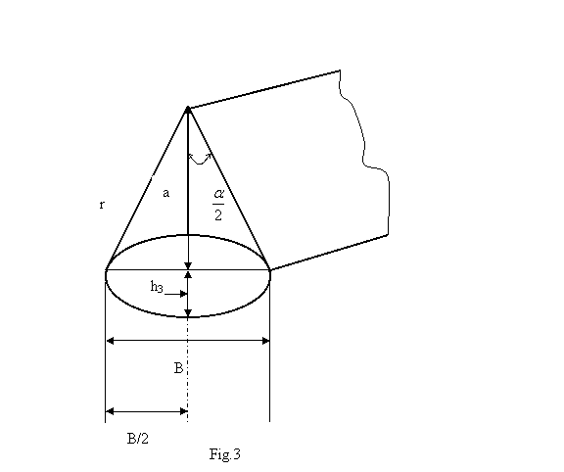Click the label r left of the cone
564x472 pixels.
[102, 205]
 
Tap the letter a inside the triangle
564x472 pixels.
[165, 194]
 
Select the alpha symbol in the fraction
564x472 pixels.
[218, 194]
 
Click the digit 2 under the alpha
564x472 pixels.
[218, 215]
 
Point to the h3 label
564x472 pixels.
[157, 287]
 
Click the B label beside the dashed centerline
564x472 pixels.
[179, 368]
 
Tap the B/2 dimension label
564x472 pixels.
[138, 439]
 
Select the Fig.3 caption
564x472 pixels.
[225, 454]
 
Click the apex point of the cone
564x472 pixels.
[188, 108]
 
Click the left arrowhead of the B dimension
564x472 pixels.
[110, 341]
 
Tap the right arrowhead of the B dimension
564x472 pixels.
[265, 341]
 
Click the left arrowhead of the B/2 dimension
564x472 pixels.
[110, 411]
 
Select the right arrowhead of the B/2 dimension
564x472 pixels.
[184, 411]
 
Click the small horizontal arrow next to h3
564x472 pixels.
[175, 295]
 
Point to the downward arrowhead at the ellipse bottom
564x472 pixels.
[188, 313]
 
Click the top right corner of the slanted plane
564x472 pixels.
[340, 71]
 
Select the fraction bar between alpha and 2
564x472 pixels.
[218, 204]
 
